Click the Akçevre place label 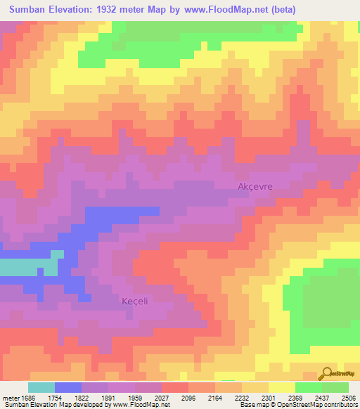coord(255,186)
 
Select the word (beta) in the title coord(281,10)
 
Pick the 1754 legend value coord(55,398)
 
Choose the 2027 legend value coord(162,398)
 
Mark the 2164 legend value coord(215,398)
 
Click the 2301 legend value coord(269,398)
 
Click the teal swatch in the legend coord(41,387)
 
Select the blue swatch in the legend coord(68,387)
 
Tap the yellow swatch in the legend coord(282,387)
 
